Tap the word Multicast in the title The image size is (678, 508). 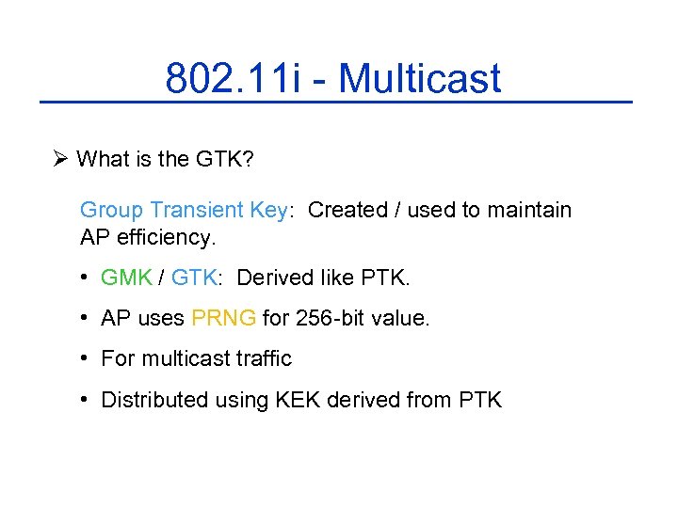[x=419, y=78]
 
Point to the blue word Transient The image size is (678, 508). [x=199, y=210]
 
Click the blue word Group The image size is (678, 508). [x=111, y=210]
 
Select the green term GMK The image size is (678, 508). [x=126, y=278]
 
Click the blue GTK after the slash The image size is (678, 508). [x=194, y=278]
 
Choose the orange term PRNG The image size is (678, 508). [x=223, y=318]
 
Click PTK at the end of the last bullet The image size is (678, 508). [x=480, y=400]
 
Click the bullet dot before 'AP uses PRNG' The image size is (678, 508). [x=85, y=318]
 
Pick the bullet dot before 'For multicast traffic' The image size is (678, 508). [x=85, y=358]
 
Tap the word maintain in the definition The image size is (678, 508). [x=529, y=210]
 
